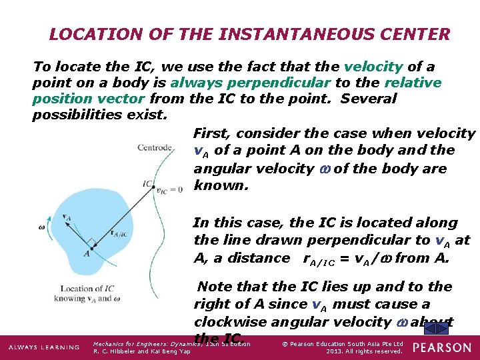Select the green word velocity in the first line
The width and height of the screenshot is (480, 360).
tap(373, 67)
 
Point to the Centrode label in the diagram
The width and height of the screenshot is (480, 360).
tap(155, 147)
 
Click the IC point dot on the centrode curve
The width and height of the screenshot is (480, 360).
tap(155, 187)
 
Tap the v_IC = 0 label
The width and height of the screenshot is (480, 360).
tap(170, 189)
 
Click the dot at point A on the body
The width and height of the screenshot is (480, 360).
tap(91, 247)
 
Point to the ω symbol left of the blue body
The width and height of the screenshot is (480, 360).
tap(41, 226)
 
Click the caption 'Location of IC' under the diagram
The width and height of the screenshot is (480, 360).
tap(87, 289)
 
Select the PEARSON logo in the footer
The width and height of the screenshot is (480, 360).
tap(441, 347)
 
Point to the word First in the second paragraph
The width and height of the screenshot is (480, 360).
tap(209, 134)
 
